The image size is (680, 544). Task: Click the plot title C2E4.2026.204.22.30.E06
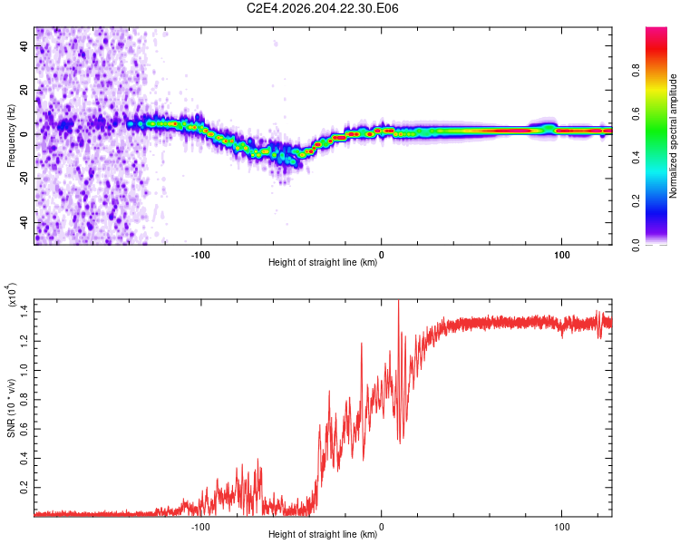tap(322, 8)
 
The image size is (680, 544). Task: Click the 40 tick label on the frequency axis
tap(24, 45)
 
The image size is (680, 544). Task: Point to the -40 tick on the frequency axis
tap(24, 223)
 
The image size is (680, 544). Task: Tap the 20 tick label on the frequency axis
tap(24, 90)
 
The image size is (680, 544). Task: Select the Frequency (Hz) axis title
tap(11, 135)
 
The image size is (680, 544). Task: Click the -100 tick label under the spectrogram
tap(200, 255)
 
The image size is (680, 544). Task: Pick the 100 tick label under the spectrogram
tap(561, 255)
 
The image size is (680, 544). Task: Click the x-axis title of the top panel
tap(323, 262)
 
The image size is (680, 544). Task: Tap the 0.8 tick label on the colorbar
tap(636, 70)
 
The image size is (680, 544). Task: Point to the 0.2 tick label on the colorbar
tap(636, 201)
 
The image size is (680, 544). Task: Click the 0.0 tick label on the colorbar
tap(636, 245)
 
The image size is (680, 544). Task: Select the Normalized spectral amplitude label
tap(673, 136)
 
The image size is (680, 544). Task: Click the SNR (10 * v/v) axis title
tap(11, 408)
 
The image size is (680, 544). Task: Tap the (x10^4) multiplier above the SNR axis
tap(12, 295)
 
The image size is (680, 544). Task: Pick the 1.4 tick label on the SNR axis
tap(24, 312)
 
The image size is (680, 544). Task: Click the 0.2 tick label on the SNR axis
tap(24, 487)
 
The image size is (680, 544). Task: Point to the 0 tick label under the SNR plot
tap(381, 527)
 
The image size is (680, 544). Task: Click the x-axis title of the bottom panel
tap(323, 534)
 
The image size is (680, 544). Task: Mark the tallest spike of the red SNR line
tap(399, 300)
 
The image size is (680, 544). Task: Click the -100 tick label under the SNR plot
tap(200, 527)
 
